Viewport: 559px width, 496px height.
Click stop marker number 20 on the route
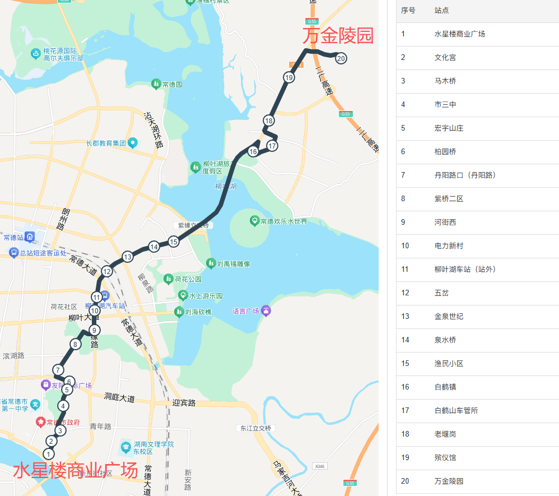[341, 58]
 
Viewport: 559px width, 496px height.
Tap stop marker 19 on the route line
[289, 78]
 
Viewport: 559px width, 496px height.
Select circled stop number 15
[174, 242]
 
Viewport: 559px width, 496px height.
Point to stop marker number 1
[49, 454]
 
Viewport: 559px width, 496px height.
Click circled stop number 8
[74, 344]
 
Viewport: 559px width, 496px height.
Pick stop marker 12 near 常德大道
[107, 272]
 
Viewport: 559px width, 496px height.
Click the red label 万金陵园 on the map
[338, 36]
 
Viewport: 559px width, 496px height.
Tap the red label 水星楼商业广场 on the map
[75, 470]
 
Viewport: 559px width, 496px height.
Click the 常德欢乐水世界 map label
[283, 221]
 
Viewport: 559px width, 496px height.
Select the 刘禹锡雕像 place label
[233, 263]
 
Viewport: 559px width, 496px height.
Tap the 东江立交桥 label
[255, 428]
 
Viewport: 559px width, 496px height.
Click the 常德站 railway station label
[12, 238]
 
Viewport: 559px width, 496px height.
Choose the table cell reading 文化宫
[445, 57]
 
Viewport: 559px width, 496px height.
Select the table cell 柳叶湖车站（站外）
[465, 269]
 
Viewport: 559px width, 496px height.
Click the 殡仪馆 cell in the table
[445, 457]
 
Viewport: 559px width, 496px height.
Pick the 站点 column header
[441, 10]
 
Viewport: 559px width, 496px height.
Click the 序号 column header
[408, 10]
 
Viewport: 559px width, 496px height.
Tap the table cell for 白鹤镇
[445, 387]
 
